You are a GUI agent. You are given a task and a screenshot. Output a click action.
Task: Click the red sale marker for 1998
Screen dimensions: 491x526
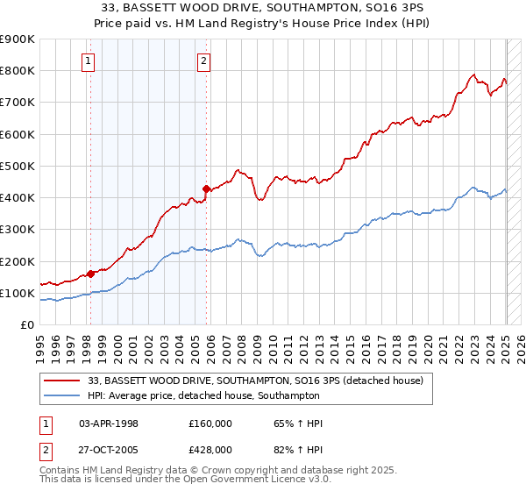91,274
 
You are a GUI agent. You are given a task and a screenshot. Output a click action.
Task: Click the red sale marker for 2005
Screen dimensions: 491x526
207,188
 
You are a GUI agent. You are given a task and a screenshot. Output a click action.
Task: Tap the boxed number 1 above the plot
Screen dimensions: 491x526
89,60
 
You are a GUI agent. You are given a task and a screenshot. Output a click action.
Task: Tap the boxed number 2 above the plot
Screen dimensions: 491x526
203,60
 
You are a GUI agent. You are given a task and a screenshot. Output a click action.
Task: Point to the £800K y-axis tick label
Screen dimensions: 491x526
18,70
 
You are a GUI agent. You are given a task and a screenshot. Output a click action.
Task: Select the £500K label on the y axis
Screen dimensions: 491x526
18,166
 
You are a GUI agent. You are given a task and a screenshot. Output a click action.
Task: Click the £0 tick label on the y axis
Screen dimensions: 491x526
27,324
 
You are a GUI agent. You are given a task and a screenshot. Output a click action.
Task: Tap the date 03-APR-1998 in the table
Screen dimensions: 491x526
109,423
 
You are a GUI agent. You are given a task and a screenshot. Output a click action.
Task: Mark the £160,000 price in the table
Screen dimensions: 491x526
210,423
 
